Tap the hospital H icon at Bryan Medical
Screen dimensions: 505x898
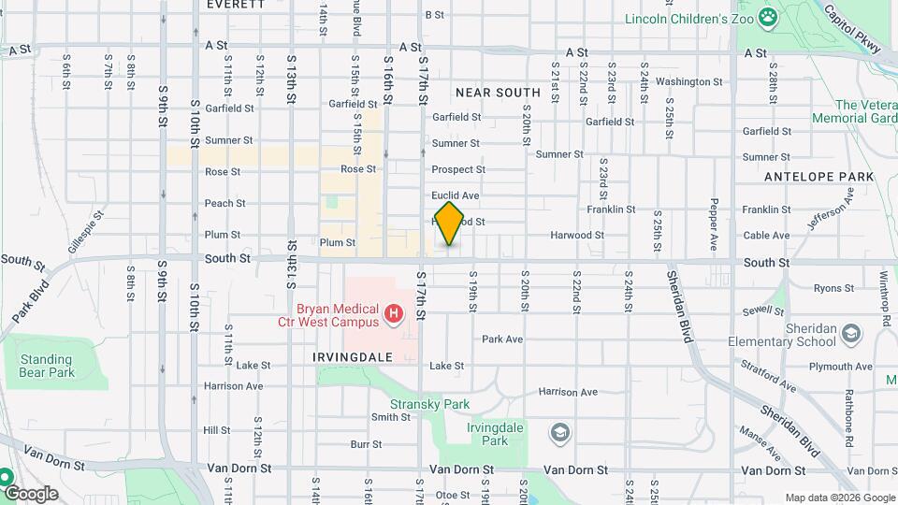(x=394, y=312)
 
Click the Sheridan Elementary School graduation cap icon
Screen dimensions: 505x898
(x=850, y=333)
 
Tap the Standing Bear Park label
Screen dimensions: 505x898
(x=46, y=366)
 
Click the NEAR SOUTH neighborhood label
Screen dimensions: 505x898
(x=498, y=93)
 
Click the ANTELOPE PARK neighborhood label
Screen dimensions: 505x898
(x=818, y=177)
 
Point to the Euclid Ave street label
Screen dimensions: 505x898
(x=455, y=195)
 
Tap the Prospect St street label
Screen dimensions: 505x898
(x=458, y=169)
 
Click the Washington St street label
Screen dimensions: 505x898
(x=689, y=81)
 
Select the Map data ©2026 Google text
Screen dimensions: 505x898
(x=839, y=498)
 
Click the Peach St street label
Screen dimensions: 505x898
(x=224, y=203)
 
